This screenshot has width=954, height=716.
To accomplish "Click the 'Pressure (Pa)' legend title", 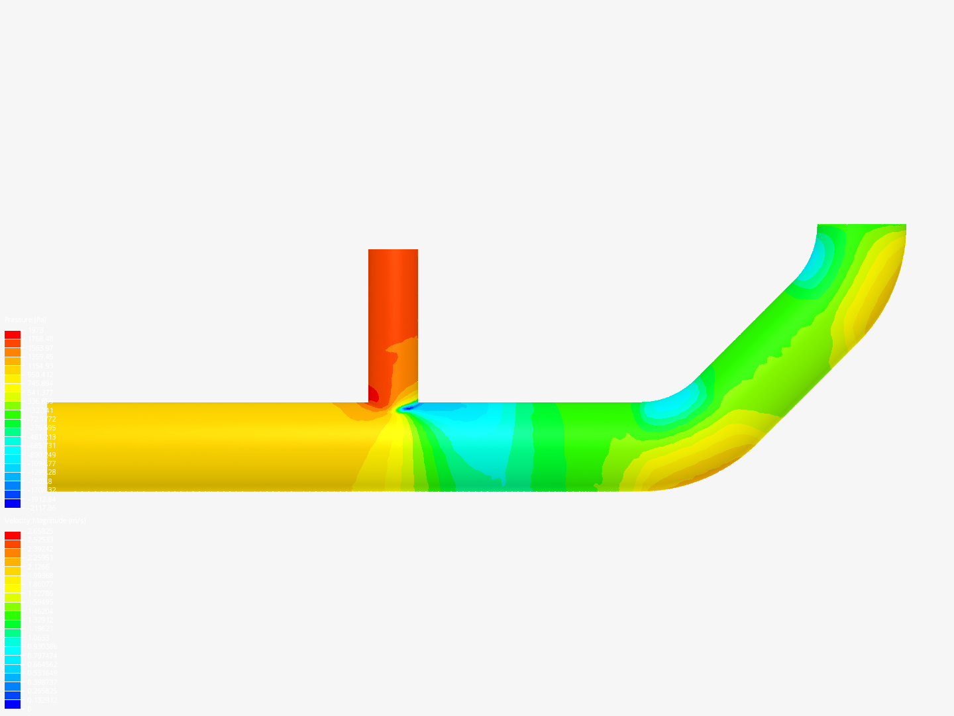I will (x=26, y=320).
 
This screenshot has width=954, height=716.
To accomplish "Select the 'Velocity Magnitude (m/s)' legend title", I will (x=46, y=521).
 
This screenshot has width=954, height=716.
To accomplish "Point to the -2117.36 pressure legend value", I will (x=41, y=508).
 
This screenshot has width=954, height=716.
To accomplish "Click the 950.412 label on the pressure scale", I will (x=40, y=375).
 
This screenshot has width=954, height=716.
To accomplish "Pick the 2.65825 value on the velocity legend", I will (x=40, y=531).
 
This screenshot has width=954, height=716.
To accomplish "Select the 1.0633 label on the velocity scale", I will (x=38, y=638).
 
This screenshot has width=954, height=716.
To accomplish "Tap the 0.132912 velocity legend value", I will (x=42, y=700).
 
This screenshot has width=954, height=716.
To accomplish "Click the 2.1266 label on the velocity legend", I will (x=38, y=567).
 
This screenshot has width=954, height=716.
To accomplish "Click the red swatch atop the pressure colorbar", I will (x=13, y=335).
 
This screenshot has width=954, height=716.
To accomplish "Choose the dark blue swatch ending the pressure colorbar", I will (x=13, y=504).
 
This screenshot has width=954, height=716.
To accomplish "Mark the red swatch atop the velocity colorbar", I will (x=13, y=536).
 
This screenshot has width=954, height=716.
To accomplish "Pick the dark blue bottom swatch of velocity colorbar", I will (x=13, y=704).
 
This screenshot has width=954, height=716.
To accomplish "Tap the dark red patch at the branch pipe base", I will (x=373, y=395).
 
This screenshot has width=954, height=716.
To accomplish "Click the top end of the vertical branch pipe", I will (x=393, y=251).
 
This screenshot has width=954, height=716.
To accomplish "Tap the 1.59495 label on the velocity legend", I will (x=40, y=602).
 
